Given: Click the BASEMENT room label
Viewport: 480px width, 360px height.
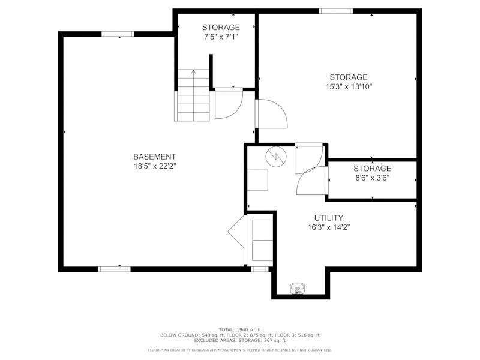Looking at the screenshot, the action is pos(155,157).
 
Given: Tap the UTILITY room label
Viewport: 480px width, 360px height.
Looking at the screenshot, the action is pos(329,218).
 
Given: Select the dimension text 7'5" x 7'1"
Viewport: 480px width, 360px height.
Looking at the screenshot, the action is pos(221,37).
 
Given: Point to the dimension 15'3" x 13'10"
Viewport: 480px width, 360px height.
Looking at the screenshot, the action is pos(349,86).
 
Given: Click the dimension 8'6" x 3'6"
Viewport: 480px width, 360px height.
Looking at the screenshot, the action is pos(372,178).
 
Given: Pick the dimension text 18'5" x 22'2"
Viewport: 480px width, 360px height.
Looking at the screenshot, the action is pos(155,166).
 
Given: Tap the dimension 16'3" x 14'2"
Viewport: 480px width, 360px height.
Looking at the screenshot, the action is pos(329,227).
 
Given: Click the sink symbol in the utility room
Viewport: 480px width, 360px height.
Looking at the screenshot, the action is pos(298,289).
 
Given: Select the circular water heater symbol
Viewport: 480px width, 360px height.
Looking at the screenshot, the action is pos(276,157).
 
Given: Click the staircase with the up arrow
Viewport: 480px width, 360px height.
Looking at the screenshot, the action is pos(193,95).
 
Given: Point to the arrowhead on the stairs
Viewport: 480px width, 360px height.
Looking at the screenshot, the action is pos(193,72).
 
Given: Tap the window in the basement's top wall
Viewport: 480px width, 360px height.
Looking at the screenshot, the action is pos(118,34).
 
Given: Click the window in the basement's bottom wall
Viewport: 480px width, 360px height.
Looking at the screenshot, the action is pos(114,269).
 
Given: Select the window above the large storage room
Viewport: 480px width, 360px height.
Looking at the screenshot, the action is pos(336,11).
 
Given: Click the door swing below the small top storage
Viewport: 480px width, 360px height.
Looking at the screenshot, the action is pos(229,103).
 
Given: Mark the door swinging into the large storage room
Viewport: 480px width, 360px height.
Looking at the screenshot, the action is pos(272,113).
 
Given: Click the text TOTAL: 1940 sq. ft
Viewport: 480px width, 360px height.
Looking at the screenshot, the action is pos(240,329).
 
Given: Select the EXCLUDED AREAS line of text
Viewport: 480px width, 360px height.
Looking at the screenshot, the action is pos(240,340).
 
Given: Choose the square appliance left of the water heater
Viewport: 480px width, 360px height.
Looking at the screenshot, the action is pos(257,181).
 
